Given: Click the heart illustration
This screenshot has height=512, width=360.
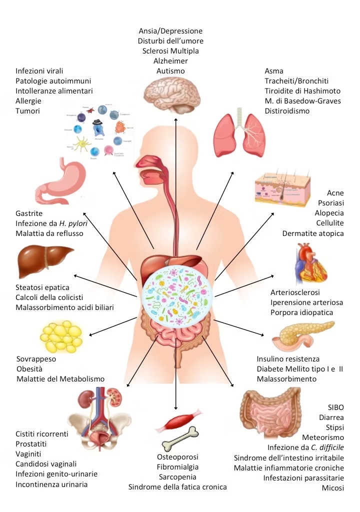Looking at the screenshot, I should [311, 264].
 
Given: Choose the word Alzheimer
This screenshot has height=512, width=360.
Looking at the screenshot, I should [170, 61].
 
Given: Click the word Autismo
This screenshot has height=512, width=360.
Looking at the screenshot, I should [170, 71].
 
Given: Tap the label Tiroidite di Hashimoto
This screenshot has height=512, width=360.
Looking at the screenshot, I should [302, 90].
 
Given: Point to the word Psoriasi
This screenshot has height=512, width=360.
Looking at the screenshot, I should [331, 203].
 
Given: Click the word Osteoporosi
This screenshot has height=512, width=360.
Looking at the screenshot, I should [177, 457].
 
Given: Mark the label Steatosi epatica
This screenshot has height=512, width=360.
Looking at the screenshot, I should [42, 287].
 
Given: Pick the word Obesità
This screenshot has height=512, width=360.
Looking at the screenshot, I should [31, 369].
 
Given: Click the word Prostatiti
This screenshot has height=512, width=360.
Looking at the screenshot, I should [33, 444].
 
